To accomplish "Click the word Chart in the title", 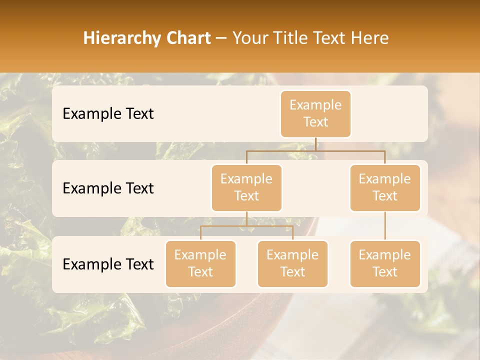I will click(x=188, y=38).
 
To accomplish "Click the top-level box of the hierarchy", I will click(x=315, y=114).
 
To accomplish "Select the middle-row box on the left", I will click(x=246, y=188).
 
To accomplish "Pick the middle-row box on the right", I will click(x=385, y=188).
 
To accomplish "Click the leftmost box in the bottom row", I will click(x=200, y=264).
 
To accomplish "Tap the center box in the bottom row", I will click(x=292, y=264).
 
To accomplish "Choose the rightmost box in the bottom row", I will click(x=385, y=264).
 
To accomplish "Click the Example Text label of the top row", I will click(x=108, y=114).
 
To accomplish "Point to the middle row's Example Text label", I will click(x=108, y=188).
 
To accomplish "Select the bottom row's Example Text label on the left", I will click(x=108, y=264).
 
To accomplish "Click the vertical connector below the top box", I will click(x=315, y=144).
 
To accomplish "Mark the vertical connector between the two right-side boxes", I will click(x=385, y=226).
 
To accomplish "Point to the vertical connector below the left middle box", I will click(x=246, y=218).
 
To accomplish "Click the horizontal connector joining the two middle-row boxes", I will click(x=315, y=150).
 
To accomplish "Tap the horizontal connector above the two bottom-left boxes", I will click(x=246, y=226).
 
